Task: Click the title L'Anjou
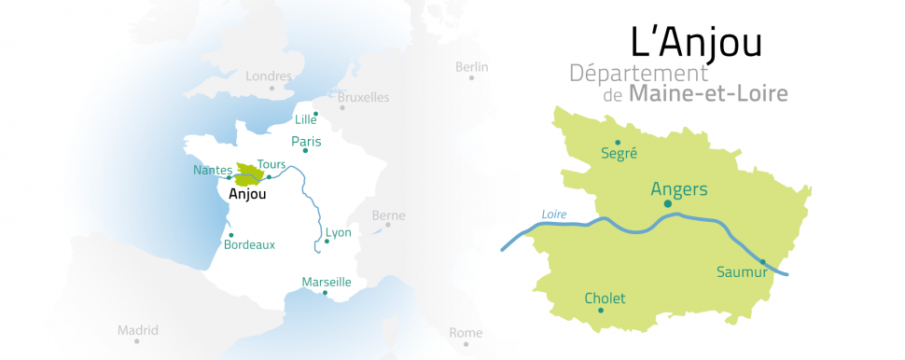tap(683, 43)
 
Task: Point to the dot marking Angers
tap(667, 203)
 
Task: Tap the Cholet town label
tap(605, 298)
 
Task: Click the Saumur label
tap(742, 272)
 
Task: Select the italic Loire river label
tap(554, 215)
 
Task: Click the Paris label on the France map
tap(306, 143)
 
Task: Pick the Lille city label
tap(305, 119)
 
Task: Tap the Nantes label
tap(212, 170)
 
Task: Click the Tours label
tap(271, 164)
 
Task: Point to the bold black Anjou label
tap(247, 195)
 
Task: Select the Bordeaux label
tap(250, 244)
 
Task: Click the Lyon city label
tap(339, 232)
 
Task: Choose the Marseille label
tap(327, 282)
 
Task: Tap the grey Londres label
tap(269, 76)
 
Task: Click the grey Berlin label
tap(471, 66)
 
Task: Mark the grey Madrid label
tap(138, 330)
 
